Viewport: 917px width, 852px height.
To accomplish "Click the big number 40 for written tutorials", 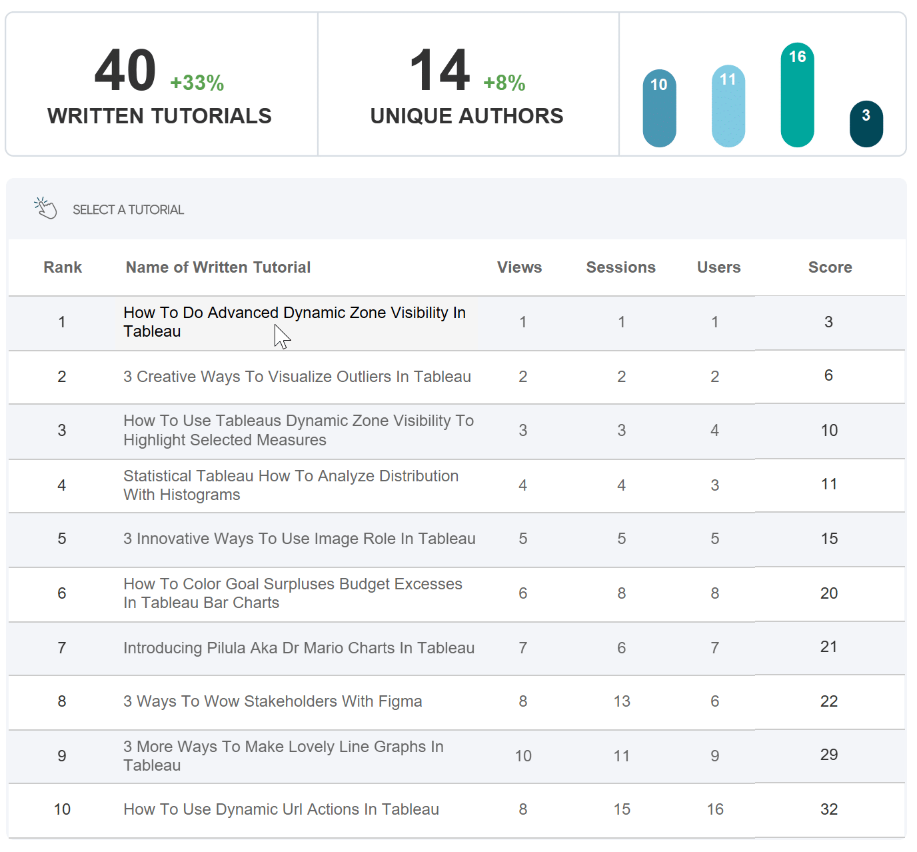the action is click(x=125, y=70).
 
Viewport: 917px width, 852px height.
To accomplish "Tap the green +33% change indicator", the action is click(x=197, y=83).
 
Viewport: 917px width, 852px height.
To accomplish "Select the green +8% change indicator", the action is click(x=504, y=83).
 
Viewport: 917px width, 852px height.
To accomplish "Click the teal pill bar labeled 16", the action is click(x=798, y=95).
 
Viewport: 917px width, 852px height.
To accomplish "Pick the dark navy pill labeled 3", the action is click(x=866, y=124).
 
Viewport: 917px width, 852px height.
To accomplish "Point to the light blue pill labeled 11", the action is click(x=728, y=106).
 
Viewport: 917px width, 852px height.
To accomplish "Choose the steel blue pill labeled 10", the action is click(x=659, y=108).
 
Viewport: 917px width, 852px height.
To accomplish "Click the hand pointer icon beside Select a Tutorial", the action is click(x=45, y=208).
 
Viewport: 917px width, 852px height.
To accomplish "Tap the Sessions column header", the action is click(x=621, y=267).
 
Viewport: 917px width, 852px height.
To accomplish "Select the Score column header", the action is click(x=830, y=267).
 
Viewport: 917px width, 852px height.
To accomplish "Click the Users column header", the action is click(x=719, y=267).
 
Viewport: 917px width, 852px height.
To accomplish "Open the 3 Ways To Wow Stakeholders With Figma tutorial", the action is click(x=273, y=701).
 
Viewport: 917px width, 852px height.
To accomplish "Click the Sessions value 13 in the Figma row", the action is click(x=622, y=701).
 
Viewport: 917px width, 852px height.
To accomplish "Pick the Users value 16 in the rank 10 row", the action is click(x=715, y=809).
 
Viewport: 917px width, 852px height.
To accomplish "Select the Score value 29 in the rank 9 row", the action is click(x=829, y=755).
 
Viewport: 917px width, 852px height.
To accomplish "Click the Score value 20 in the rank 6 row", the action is click(x=829, y=593).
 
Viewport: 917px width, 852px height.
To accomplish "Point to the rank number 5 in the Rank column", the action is click(x=62, y=539).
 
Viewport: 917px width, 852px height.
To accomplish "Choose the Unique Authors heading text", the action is click(x=466, y=116).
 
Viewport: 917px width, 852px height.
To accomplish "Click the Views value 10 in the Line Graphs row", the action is click(x=523, y=757).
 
